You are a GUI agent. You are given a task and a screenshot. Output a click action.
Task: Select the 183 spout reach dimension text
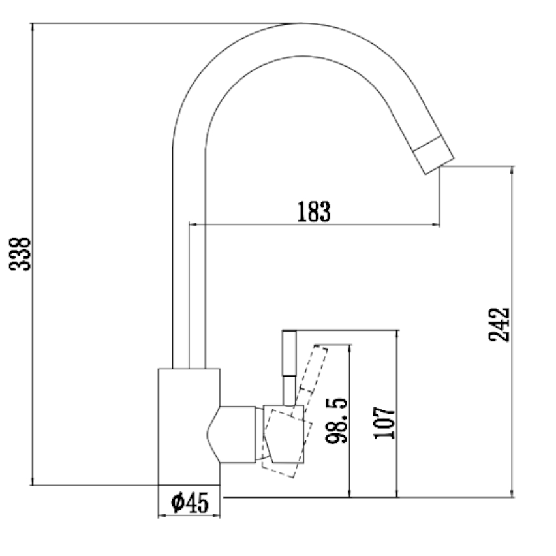point(314,212)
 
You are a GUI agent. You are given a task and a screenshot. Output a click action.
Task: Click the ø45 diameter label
point(189,502)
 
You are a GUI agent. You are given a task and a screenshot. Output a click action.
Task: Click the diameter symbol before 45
point(176,502)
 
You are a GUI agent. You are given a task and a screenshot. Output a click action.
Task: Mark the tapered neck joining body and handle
point(235,434)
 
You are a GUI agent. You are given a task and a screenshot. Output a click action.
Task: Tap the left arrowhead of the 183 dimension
point(192,224)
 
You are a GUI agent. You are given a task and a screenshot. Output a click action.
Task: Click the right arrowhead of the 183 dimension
point(436,224)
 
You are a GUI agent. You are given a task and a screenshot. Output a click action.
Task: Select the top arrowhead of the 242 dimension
point(513,170)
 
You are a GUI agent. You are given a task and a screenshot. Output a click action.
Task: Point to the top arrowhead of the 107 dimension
point(396,334)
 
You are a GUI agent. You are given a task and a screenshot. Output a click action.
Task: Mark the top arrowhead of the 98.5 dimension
point(350,348)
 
